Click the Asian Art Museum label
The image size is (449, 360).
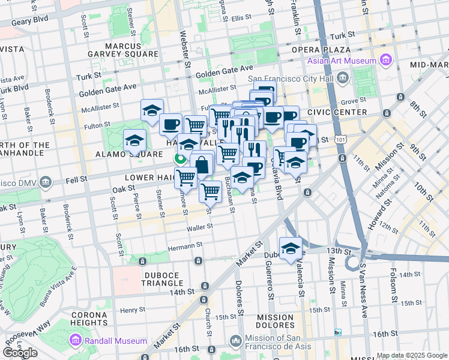pyautogui.click(x=342, y=61)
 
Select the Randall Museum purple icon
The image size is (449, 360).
pyautogui.click(x=76, y=341)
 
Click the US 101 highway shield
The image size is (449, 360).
pyautogui.click(x=342, y=139)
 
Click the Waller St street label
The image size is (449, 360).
pyautogui.click(x=200, y=227)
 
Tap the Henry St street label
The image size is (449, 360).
pyautogui.click(x=129, y=310)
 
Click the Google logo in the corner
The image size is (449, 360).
pyautogui.click(x=20, y=353)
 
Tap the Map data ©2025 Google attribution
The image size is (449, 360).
pyautogui.click(x=412, y=355)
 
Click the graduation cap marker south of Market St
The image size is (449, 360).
pyautogui.click(x=291, y=248)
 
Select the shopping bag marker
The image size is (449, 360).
pyautogui.click(x=202, y=164)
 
